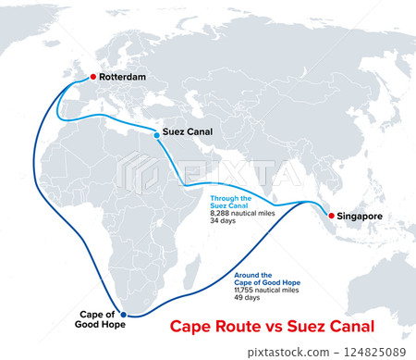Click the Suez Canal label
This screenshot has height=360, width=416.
188,132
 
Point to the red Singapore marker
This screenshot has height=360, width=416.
331,216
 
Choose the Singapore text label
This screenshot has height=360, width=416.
364,217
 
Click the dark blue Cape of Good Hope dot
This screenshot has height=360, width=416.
123,316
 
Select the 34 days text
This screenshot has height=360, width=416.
223,221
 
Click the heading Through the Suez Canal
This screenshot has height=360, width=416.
231,202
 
